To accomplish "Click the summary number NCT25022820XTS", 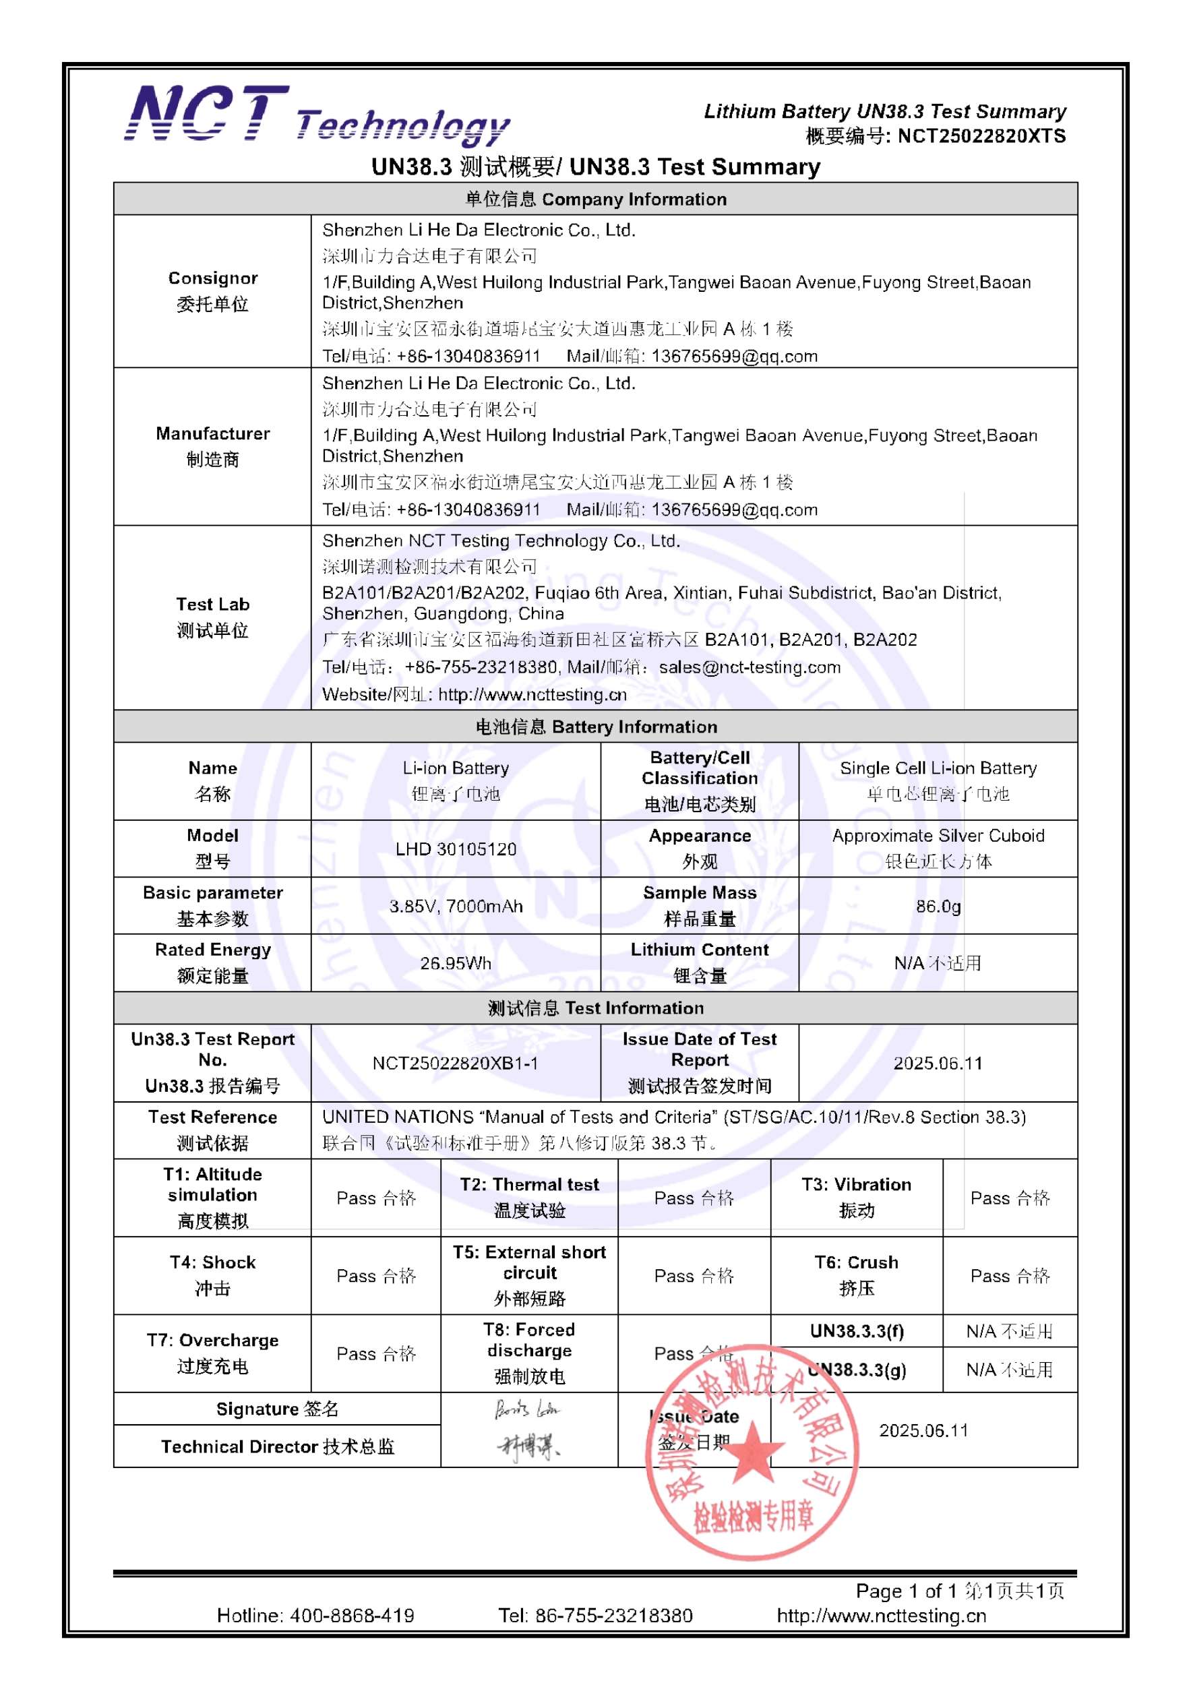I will coord(981,137).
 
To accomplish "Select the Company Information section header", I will coord(595,199).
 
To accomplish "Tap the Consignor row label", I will coord(212,290).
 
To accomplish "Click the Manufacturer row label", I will coord(212,446).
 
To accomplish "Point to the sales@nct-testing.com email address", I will coord(750,667).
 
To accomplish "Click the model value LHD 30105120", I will coord(455,849).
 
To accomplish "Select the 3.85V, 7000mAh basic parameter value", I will coord(455,907).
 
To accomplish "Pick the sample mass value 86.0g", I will coord(938,907).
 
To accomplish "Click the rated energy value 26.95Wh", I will coord(455,963).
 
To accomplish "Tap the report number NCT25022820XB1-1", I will coord(455,1063).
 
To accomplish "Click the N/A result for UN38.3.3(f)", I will coord(1010,1330).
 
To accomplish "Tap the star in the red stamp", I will coord(752,1460).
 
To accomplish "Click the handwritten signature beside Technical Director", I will coord(528,1446).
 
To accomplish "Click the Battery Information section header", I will coord(595,727).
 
